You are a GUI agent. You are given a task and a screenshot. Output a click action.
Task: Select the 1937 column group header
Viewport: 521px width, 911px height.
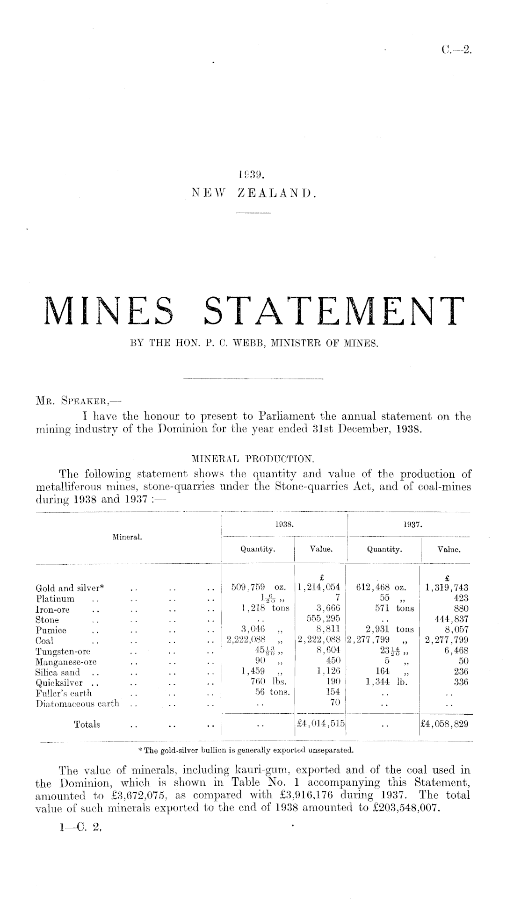411,525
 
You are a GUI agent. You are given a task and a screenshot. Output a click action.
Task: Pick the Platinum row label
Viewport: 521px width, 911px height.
55,599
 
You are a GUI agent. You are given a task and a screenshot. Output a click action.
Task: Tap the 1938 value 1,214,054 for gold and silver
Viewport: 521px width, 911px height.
319,588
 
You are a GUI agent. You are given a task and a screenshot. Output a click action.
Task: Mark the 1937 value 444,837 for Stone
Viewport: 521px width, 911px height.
450,620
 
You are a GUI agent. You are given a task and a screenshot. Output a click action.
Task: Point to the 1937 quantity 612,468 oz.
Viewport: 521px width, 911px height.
383,588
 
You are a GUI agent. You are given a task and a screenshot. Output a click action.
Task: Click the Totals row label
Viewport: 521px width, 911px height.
87,724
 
